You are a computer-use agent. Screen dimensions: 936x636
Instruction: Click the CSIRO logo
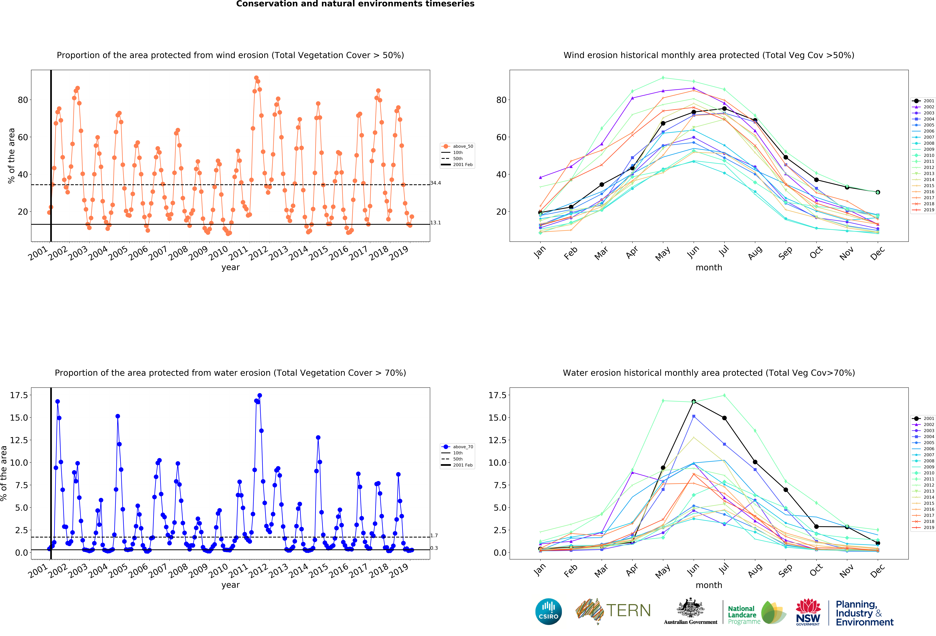[549, 611]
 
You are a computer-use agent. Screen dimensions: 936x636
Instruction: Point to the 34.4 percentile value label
[435, 183]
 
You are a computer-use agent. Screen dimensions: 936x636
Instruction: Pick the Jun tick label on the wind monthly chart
[693, 252]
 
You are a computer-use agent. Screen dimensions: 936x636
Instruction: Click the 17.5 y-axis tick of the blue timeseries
[19, 395]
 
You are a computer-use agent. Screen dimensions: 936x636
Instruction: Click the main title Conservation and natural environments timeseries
[355, 4]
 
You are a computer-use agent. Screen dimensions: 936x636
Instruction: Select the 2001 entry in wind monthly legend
[923, 101]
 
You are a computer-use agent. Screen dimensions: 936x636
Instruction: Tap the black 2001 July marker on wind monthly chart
[724, 109]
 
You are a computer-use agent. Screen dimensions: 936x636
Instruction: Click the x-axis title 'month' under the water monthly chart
[709, 585]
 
